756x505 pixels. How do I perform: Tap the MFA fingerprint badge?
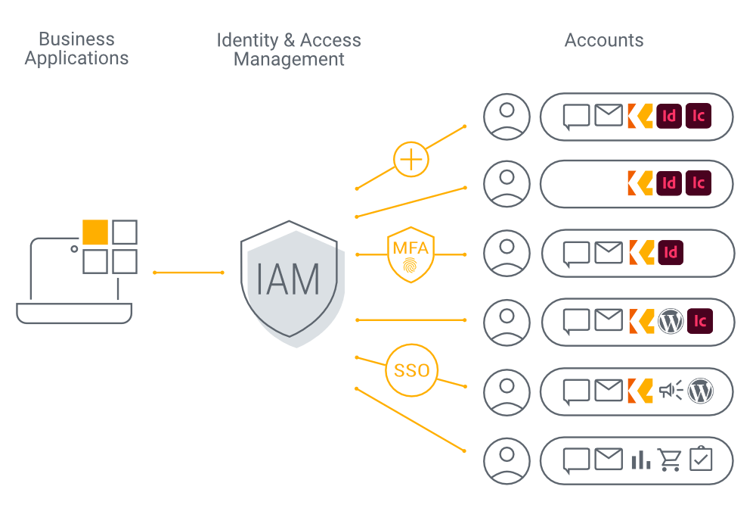point(411,257)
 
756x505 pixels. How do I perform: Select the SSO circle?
point(411,370)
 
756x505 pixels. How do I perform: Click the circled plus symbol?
point(411,160)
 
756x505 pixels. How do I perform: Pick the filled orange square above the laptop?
point(95,232)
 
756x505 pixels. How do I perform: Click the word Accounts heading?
point(604,40)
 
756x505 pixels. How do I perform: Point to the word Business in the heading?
point(76,39)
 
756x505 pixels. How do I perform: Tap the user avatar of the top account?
point(507,117)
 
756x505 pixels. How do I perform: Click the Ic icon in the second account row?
point(699,182)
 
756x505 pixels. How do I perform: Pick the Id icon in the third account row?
point(670,252)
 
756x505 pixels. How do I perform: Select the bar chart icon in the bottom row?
point(640,460)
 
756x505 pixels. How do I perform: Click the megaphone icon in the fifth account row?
point(670,391)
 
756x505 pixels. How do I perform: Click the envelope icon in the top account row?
point(609,116)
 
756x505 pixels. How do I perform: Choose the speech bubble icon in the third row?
point(578,252)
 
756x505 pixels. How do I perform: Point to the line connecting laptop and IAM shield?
point(188,272)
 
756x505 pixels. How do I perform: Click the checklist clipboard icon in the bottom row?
point(701,459)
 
